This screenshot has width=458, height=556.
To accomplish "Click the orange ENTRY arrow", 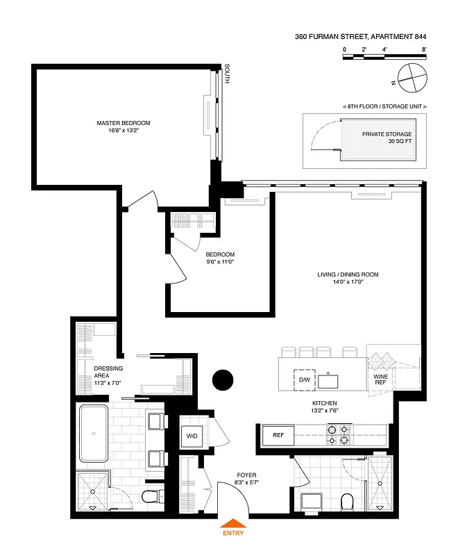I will tap(232, 524).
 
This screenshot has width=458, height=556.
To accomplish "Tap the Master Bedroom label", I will tap(124, 127).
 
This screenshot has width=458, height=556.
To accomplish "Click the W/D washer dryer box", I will tap(191, 436).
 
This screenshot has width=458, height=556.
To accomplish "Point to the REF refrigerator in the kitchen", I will tap(278, 436).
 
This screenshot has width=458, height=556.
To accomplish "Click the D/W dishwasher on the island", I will tap(303, 380).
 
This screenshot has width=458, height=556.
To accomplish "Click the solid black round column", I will tap(222, 380).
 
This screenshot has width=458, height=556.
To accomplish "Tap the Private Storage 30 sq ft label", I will tap(387, 138).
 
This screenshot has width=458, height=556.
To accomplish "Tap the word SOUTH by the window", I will tap(227, 73).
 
